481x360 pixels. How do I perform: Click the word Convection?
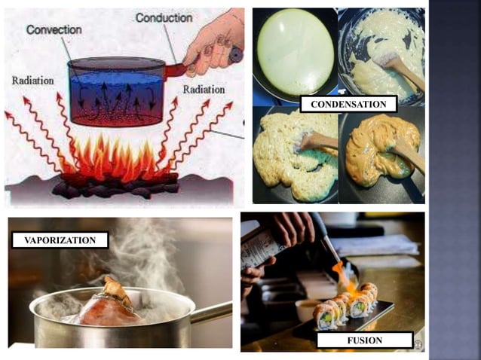click(x=54, y=29)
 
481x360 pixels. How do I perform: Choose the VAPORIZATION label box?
click(x=60, y=240)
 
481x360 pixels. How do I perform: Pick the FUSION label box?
click(x=365, y=340)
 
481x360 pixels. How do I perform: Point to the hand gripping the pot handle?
click(x=216, y=41)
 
